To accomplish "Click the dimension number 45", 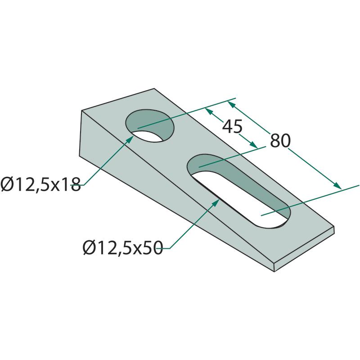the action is pos(232,126).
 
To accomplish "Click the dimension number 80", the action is pos(280,141).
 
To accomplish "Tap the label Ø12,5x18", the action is pos(40,184).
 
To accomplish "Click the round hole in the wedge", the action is pos(149,126).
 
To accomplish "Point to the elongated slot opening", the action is pos(239,191).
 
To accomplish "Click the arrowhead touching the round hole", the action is pos(130,139).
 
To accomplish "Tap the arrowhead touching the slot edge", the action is pos(216,203).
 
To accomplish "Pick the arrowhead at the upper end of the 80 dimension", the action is pos(231,104).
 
